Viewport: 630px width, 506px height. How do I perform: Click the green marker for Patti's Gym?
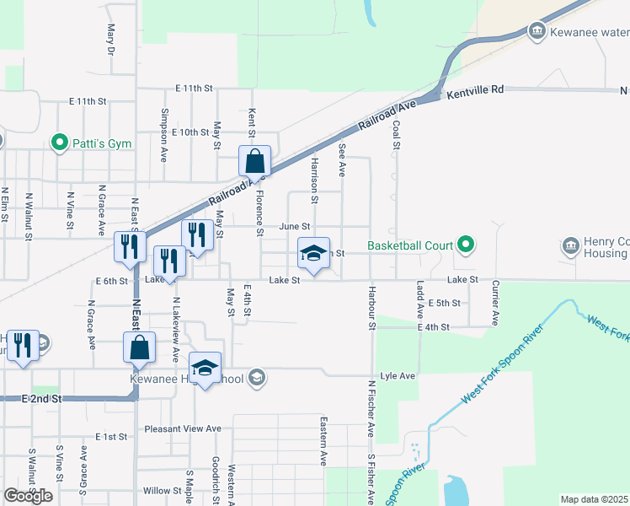point(59,143)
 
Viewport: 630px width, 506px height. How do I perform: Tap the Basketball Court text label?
point(409,246)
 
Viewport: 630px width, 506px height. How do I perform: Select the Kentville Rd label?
point(475,89)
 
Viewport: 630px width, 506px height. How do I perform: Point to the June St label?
point(295,227)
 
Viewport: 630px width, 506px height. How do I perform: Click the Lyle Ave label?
point(398,376)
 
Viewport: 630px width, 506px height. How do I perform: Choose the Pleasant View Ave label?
point(182,428)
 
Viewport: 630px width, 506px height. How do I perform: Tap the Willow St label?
point(157,490)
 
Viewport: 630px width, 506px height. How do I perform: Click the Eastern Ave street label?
point(323,440)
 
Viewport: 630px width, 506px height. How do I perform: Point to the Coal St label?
point(396,135)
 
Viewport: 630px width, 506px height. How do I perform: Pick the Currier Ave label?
point(496,303)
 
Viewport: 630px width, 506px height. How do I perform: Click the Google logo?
point(28,496)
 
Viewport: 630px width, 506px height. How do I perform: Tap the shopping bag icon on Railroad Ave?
point(254,160)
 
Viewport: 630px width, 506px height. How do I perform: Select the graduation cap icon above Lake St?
point(312,254)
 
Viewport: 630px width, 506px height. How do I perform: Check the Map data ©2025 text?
point(595,499)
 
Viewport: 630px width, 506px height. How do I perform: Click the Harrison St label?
point(314,179)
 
